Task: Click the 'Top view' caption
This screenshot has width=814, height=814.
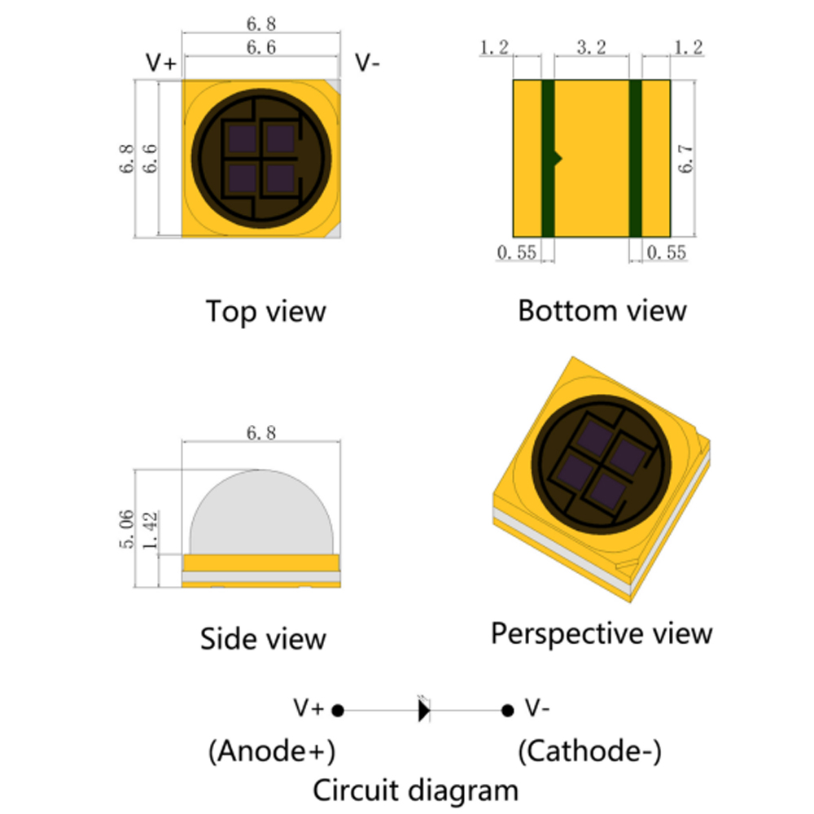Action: (265, 311)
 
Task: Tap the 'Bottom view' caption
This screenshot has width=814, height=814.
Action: (602, 310)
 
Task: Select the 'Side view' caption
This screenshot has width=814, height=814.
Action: (263, 639)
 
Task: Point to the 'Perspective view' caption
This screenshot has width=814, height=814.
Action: (602, 632)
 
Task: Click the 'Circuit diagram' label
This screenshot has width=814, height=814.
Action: (415, 790)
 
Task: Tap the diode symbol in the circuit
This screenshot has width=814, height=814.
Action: (423, 711)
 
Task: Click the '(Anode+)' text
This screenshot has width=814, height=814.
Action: (272, 751)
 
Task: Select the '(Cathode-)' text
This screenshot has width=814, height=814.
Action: (589, 751)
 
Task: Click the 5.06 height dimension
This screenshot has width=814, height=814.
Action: (127, 529)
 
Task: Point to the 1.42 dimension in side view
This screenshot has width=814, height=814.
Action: (150, 530)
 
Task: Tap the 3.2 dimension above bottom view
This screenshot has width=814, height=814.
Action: (591, 49)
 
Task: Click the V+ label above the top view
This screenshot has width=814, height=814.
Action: (160, 63)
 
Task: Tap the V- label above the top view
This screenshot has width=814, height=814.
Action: (367, 63)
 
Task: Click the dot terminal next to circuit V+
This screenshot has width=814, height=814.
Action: (339, 711)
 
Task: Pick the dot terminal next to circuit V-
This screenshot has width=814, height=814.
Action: (507, 711)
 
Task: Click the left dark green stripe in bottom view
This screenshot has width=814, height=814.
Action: (548, 159)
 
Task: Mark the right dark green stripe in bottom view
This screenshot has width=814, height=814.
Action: (636, 159)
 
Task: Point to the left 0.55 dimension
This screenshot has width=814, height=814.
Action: (517, 252)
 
